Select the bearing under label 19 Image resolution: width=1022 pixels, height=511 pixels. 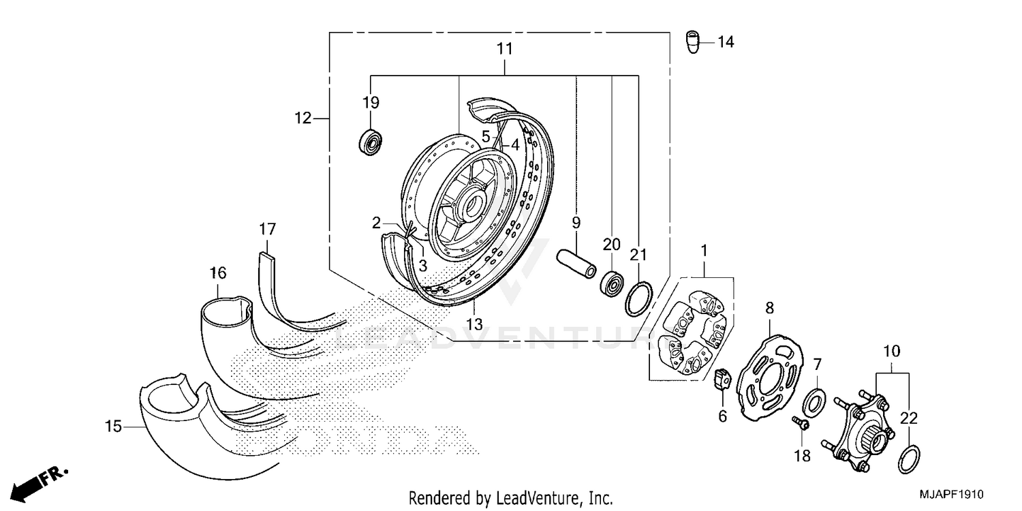pyautogui.click(x=371, y=140)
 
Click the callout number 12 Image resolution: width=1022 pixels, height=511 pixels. pyautogui.click(x=303, y=119)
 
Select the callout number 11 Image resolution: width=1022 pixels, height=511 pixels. pyautogui.click(x=504, y=49)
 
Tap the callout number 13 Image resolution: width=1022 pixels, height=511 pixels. pyautogui.click(x=474, y=324)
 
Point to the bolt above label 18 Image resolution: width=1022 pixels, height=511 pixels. pyautogui.click(x=801, y=424)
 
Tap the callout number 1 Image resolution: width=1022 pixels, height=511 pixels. pyautogui.click(x=704, y=251)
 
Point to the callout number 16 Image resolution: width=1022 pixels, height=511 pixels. pyautogui.click(x=217, y=273)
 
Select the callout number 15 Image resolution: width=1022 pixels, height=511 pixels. pyautogui.click(x=113, y=427)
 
